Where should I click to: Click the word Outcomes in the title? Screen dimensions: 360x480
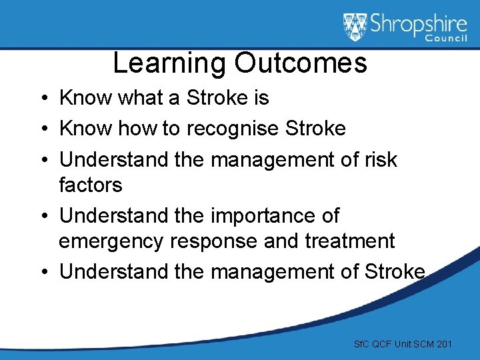[x=300, y=63]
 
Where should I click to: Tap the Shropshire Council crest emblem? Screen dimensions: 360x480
[x=355, y=27]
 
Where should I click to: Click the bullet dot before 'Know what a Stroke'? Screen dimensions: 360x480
[x=42, y=99]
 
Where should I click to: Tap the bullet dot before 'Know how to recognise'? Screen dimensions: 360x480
[x=42, y=129]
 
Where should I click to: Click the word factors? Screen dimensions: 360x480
[x=91, y=185]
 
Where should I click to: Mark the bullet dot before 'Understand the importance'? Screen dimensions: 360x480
[x=42, y=217]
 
